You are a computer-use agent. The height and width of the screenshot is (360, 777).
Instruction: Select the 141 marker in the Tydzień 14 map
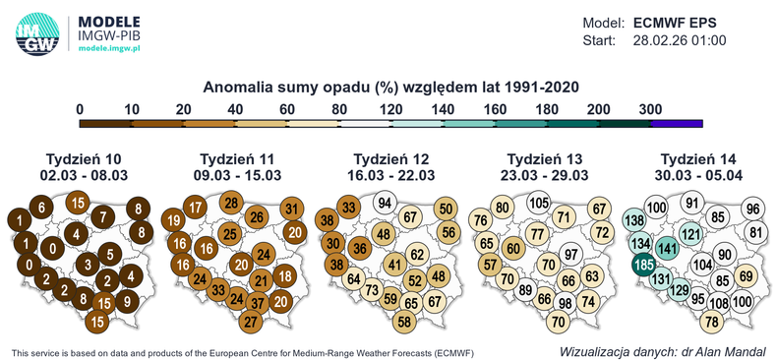667,247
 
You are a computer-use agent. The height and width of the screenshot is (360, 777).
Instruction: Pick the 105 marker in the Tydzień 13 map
538,204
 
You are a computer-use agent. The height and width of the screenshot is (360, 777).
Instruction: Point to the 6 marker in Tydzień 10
40,207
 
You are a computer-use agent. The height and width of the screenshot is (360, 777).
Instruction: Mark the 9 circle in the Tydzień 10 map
125,301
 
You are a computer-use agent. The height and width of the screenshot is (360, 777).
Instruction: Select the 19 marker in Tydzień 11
171,220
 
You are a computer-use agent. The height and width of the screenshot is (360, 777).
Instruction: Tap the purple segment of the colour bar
676,123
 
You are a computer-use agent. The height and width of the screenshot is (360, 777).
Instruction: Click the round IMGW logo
36,32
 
